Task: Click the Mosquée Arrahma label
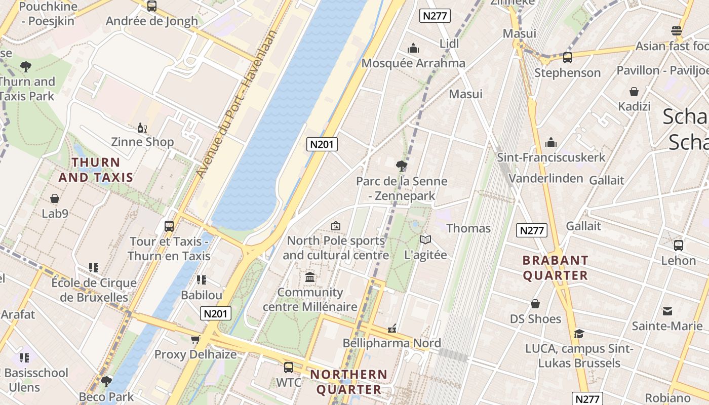[x=413, y=63]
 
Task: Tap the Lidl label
[x=449, y=44]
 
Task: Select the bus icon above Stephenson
[x=567, y=58]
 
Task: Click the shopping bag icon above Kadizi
[x=634, y=92]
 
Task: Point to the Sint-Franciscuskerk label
[x=551, y=157]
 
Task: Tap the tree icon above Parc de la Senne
[x=401, y=166]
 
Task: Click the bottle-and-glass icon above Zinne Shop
[x=142, y=128]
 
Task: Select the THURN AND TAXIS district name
[x=96, y=170]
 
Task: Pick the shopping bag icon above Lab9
[x=55, y=198]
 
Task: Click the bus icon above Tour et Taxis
[x=169, y=226]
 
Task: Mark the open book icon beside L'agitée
[x=425, y=240]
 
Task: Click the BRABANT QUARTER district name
[x=555, y=268]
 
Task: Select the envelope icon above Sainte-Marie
[x=667, y=311]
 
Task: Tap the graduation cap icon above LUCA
[x=579, y=334]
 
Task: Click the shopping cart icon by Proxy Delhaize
[x=195, y=340]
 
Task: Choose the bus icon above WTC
[x=288, y=367]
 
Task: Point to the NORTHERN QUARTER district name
[x=348, y=382]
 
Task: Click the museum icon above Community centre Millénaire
[x=310, y=277]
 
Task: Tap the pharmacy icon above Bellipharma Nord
[x=391, y=329]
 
